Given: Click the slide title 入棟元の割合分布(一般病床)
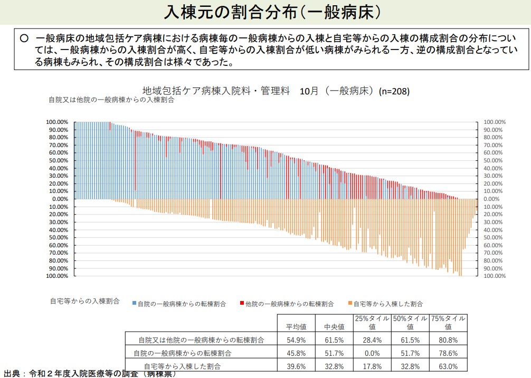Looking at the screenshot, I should click(x=265, y=12).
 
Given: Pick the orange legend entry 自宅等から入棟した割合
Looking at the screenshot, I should click(x=387, y=304).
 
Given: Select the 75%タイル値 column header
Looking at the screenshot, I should click(x=448, y=323).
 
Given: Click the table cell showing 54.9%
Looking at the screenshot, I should click(x=296, y=340).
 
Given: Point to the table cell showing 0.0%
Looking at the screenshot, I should click(x=372, y=353).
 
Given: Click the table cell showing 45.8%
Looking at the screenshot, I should click(x=296, y=353).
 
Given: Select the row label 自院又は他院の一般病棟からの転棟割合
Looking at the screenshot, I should click(x=201, y=340).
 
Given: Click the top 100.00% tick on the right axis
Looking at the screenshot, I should click(x=495, y=122).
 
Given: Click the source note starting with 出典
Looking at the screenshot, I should click(x=90, y=373).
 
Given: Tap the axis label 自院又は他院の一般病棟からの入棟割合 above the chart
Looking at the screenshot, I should click(x=111, y=100).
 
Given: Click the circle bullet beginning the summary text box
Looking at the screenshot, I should click(x=24, y=38).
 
